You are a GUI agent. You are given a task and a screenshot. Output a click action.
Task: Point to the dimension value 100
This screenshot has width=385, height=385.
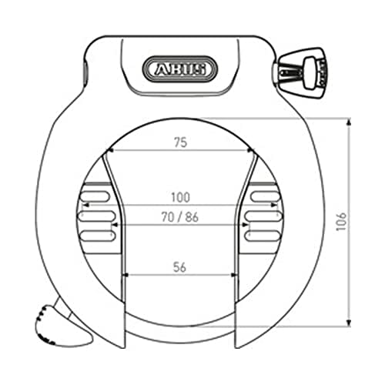(182, 197)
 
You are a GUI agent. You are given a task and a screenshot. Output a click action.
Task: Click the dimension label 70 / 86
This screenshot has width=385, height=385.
(181, 218)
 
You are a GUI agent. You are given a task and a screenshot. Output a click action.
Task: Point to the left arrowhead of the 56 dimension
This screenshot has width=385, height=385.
(127, 276)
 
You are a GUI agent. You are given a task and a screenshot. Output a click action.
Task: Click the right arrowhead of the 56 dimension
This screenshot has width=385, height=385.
(235, 276)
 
